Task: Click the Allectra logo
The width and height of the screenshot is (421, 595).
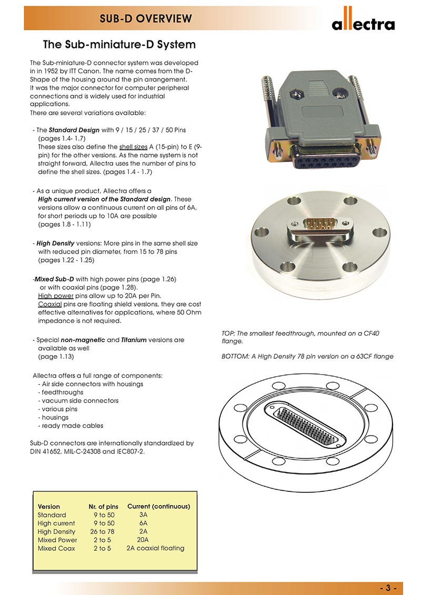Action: click(363, 23)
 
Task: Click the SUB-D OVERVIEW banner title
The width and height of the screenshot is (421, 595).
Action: click(146, 19)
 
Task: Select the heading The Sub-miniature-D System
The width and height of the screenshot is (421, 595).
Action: click(119, 44)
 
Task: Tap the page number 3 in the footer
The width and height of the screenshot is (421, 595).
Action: click(391, 588)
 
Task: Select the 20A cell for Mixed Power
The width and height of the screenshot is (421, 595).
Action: click(143, 540)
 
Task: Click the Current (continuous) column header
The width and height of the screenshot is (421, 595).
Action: click(158, 506)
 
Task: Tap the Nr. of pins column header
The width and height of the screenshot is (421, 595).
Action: click(103, 506)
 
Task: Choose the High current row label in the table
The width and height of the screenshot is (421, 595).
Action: click(56, 523)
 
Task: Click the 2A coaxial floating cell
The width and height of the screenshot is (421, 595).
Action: click(155, 548)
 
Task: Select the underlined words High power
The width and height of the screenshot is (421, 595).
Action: click(56, 296)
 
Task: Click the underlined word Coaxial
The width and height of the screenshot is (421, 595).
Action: click(50, 304)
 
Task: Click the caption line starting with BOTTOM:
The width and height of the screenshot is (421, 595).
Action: click(308, 357)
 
